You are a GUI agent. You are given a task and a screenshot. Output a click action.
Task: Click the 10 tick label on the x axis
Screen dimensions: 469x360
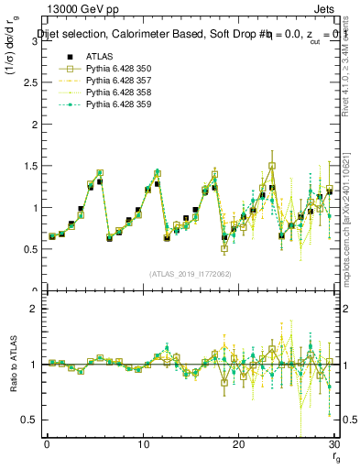tap(143, 444)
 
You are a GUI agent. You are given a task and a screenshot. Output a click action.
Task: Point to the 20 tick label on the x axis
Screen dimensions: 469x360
tap(239, 444)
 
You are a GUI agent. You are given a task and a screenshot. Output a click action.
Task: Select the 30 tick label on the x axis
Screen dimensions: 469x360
tap(334, 444)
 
